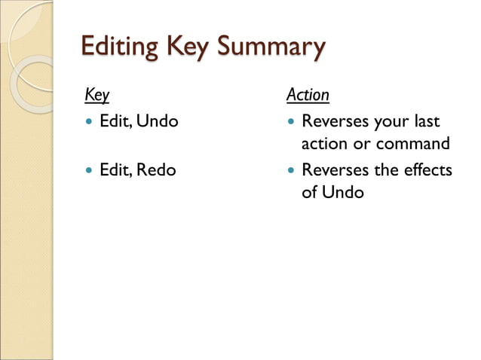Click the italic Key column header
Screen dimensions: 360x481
[x=97, y=96]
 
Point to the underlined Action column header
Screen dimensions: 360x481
[x=308, y=96]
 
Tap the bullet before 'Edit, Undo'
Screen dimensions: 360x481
[x=90, y=121]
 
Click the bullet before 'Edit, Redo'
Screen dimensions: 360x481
[x=90, y=171]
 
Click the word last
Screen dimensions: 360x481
[x=425, y=121]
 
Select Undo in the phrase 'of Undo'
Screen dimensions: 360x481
[x=343, y=192]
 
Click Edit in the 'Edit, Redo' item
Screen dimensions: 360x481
[x=113, y=170]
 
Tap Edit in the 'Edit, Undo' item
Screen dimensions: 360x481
[x=113, y=121]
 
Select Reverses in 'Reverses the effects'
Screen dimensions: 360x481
[x=334, y=170]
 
